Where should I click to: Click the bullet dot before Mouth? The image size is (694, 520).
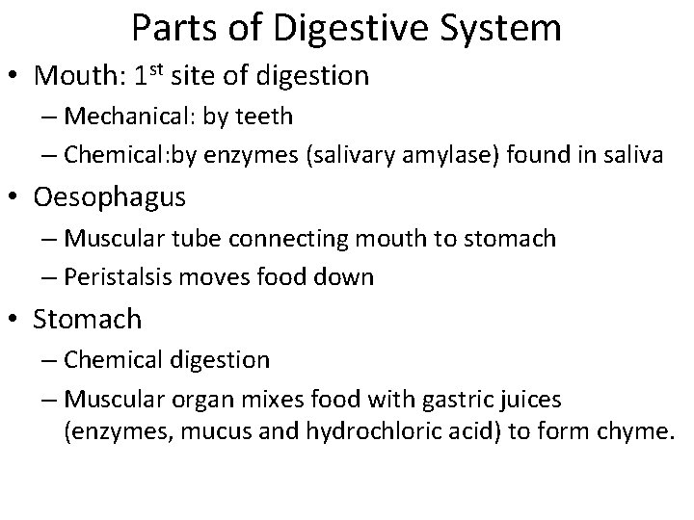[x=20, y=77]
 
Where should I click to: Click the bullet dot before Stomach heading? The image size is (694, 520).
[x=20, y=319]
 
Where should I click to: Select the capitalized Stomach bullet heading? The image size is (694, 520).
[x=88, y=319]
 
